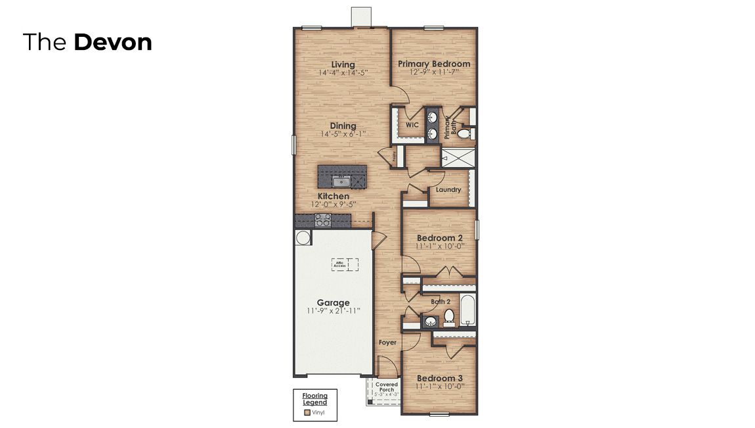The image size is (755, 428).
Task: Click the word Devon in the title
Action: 113,42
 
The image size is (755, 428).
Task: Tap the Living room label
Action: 343,64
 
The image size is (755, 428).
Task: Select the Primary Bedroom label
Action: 434,64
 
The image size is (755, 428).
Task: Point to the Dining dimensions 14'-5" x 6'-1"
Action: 343,134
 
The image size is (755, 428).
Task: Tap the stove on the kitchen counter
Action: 322,220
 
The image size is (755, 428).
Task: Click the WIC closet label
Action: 412,124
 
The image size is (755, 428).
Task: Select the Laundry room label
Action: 448,189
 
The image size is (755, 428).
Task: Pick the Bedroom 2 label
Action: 439,237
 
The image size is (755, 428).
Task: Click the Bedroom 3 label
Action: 439,378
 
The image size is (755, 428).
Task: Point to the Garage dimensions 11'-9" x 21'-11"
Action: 334,311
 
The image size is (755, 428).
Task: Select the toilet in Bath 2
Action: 450,318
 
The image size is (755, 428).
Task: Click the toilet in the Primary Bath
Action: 464,134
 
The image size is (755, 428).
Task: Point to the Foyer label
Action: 387,343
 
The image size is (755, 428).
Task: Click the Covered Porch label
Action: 387,387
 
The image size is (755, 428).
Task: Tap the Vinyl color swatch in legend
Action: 307,414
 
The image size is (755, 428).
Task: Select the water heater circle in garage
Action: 302,237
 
